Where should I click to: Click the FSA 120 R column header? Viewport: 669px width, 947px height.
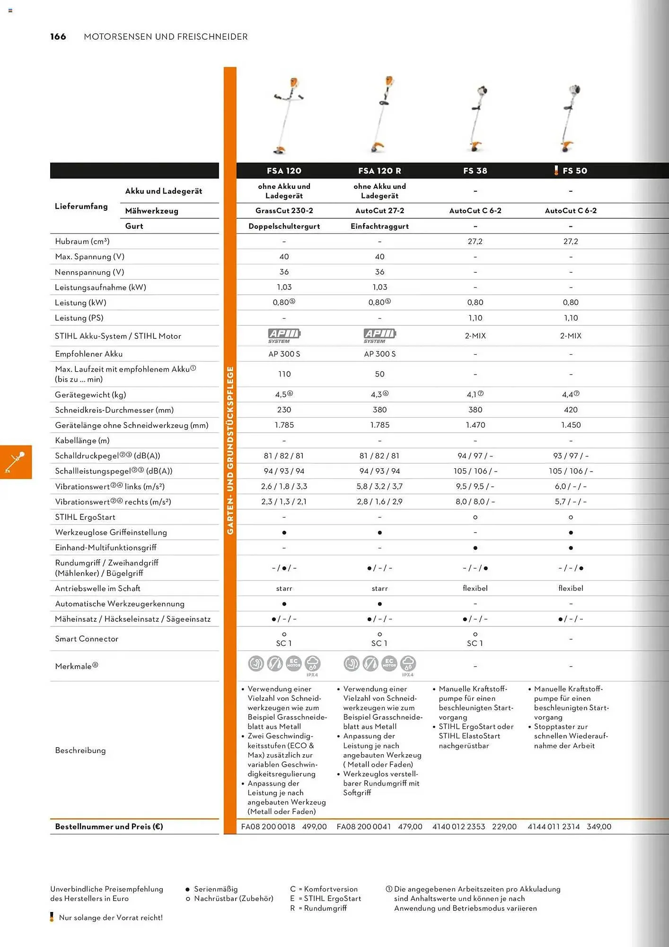point(379,171)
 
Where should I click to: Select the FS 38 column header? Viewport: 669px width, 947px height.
point(475,171)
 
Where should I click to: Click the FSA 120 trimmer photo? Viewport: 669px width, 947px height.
point(285,116)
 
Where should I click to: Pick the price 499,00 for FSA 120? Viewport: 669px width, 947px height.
point(315,827)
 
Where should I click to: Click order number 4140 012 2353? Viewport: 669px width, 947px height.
point(458,827)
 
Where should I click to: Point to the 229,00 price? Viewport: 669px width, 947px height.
point(504,827)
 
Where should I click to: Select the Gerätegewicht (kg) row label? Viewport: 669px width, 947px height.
point(90,395)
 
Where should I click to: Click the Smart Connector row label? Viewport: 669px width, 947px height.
point(87,639)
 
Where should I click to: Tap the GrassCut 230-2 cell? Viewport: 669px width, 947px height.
point(284,211)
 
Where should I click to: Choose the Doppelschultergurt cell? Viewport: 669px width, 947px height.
point(284,226)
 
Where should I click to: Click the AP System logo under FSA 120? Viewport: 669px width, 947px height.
point(284,336)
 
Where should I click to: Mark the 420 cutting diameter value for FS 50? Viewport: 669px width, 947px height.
point(571,410)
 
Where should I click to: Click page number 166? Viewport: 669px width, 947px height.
point(58,37)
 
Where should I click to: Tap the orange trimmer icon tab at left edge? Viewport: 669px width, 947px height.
point(16,462)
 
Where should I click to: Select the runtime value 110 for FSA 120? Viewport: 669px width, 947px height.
point(284,374)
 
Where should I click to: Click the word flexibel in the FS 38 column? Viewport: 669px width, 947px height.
point(475,589)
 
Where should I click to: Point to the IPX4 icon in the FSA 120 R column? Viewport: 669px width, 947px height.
point(408,665)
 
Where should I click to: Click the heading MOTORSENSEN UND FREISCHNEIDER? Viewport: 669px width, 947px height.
point(166,37)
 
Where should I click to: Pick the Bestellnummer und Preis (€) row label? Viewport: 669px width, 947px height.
point(109,827)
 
